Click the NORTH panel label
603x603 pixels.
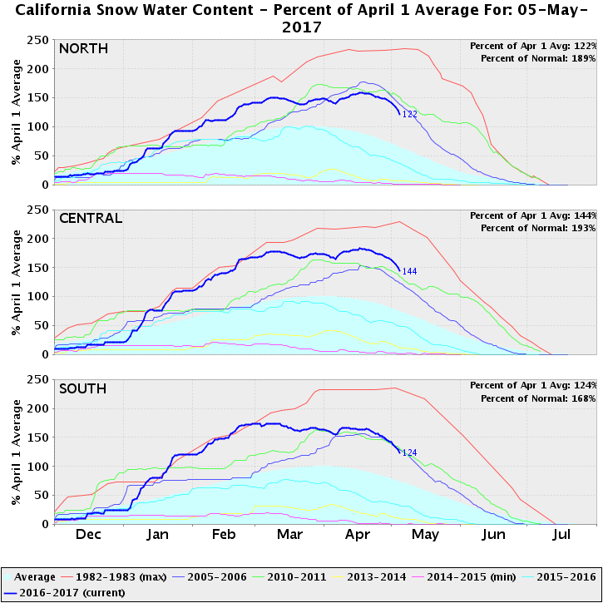tap(83, 48)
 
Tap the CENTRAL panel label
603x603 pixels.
tap(91, 218)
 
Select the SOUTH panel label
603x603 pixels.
tap(83, 388)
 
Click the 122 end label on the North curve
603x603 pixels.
tap(408, 115)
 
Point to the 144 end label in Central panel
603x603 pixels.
tap(408, 271)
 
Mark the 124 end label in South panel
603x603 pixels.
tap(408, 452)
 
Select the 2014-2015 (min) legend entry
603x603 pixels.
tap(450, 576)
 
